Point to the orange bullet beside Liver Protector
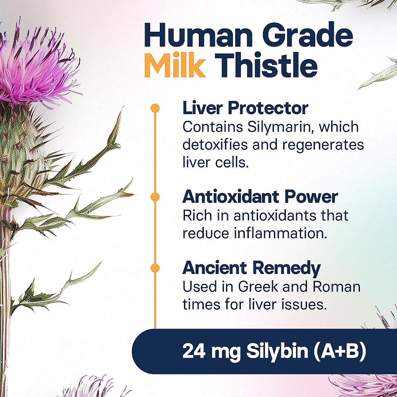pos(155,108)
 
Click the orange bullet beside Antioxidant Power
pos(155,197)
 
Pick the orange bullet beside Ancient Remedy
pos(155,268)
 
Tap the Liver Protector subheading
pos(245,108)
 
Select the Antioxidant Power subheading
pos(260,197)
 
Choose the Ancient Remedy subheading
pos(251,268)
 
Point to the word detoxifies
pos(215,145)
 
